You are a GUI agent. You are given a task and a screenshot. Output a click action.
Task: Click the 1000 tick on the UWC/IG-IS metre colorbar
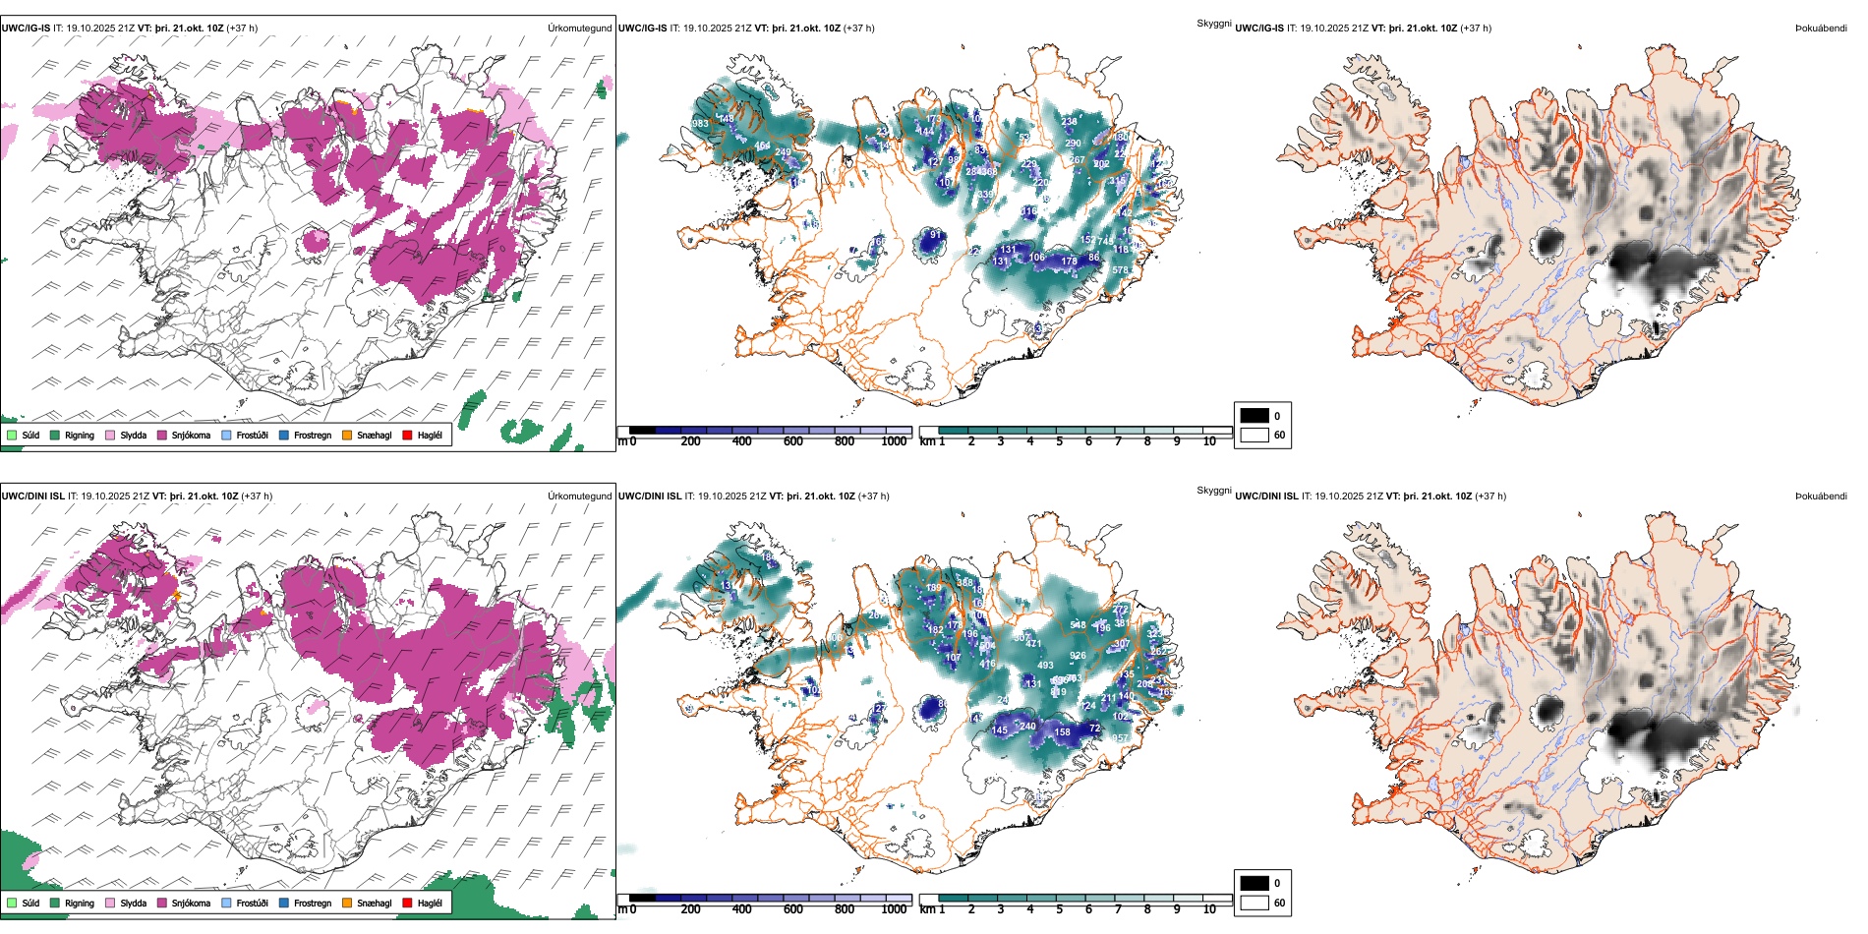(894, 441)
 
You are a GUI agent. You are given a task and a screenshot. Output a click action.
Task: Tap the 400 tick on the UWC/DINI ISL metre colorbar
(742, 909)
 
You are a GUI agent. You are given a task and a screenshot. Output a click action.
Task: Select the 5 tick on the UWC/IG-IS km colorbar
(1060, 441)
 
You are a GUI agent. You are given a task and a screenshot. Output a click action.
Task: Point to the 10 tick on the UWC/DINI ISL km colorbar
(1209, 909)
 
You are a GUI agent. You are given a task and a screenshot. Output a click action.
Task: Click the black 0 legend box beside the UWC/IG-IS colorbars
(1255, 416)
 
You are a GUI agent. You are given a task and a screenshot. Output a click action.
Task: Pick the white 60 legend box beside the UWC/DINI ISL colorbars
(1255, 903)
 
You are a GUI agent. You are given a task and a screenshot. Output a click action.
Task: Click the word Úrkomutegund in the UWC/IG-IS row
(580, 29)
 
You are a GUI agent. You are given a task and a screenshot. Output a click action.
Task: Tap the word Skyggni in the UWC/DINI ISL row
(1214, 491)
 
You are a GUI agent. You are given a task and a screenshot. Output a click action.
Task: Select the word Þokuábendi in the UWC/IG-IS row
(1821, 29)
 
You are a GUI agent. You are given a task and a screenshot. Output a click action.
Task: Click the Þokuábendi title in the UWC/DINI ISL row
(1821, 496)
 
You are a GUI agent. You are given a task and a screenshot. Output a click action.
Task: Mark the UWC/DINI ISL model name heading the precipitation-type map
(32, 496)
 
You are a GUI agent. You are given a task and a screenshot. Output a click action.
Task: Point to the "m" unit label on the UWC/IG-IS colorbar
(621, 441)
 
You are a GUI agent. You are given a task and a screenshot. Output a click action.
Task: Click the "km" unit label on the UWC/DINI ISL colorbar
(927, 909)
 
